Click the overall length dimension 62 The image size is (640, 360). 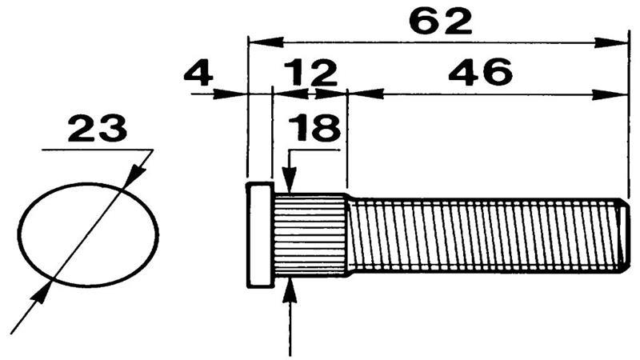(440, 21)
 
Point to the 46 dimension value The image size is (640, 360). (480, 74)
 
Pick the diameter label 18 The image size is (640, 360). (314, 128)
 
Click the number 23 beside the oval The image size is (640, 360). (97, 128)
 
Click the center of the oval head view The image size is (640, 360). (87, 234)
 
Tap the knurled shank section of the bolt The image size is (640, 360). (310, 234)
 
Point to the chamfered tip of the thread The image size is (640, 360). (625, 234)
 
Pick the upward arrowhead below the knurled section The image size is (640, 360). (290, 289)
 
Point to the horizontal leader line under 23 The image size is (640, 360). (96, 150)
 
